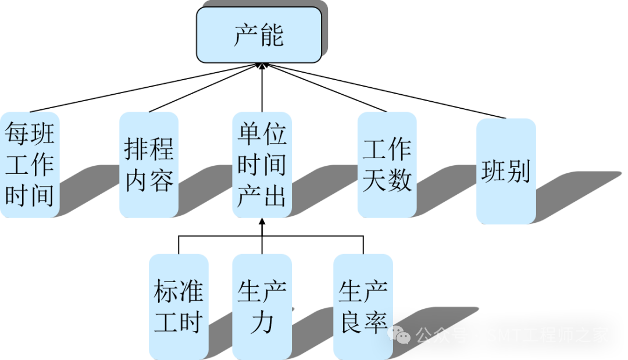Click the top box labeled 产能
(259, 34)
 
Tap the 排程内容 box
(149, 165)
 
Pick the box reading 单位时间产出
(262, 165)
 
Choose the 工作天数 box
(387, 165)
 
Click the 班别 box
(506, 171)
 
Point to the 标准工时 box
(179, 306)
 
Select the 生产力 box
(262, 306)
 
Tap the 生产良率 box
(363, 306)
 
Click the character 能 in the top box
(272, 35)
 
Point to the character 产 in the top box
(246, 35)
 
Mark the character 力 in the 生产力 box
(262, 322)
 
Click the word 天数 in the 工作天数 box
(387, 180)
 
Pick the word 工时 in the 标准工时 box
(178, 322)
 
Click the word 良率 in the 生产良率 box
(363, 322)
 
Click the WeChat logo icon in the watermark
(401, 335)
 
